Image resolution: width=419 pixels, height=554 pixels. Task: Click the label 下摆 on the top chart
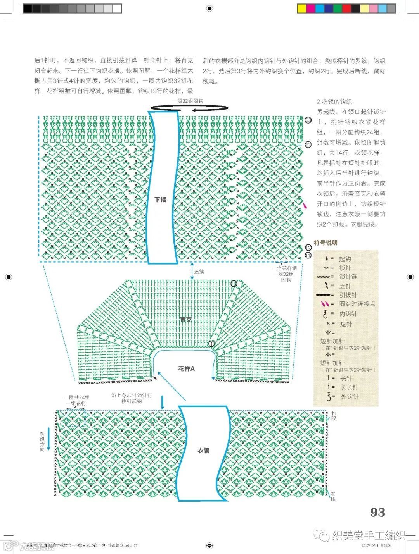click(160, 200)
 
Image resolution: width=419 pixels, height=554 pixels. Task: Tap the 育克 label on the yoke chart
click(186, 320)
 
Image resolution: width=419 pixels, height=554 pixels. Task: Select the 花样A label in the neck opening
click(186, 369)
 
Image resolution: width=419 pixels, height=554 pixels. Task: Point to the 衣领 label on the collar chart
click(203, 451)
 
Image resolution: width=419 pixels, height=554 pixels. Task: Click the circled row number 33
click(308, 120)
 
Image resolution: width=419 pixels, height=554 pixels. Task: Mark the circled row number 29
click(308, 145)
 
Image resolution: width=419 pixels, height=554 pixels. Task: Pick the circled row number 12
click(308, 248)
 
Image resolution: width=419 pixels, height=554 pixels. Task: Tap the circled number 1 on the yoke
click(211, 344)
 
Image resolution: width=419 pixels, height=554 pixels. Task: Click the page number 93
click(377, 513)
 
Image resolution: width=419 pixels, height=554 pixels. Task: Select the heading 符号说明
click(326, 243)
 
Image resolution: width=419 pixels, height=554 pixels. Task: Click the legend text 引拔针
click(348, 295)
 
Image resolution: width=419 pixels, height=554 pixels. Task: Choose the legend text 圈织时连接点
click(357, 304)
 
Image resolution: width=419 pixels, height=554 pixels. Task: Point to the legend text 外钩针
click(349, 397)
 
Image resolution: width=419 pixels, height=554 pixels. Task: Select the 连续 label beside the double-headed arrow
click(199, 272)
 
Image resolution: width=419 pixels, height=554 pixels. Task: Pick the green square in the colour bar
click(337, 9)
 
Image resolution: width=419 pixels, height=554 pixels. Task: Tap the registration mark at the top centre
click(209, 9)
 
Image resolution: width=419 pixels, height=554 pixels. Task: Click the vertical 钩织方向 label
click(42, 441)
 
